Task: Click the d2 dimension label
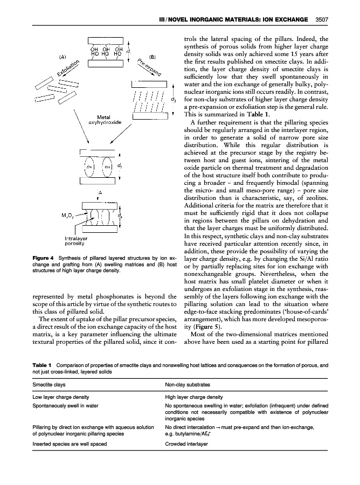pyautogui.click(x=172, y=100)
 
